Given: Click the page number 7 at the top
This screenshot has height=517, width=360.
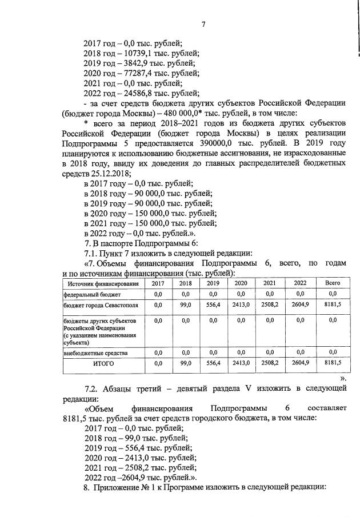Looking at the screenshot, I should pyautogui.click(x=203, y=23).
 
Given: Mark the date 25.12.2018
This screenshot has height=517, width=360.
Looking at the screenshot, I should pyautogui.click(x=110, y=173).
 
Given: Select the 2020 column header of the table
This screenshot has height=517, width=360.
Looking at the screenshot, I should pyautogui.click(x=241, y=283).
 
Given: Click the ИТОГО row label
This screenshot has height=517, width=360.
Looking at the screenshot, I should pyautogui.click(x=103, y=363).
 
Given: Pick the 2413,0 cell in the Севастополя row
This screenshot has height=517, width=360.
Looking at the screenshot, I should pyautogui.click(x=241, y=305).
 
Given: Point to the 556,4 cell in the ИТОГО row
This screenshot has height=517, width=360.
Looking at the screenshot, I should pyautogui.click(x=213, y=363).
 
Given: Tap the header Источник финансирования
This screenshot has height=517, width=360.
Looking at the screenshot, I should pyautogui.click(x=103, y=283).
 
